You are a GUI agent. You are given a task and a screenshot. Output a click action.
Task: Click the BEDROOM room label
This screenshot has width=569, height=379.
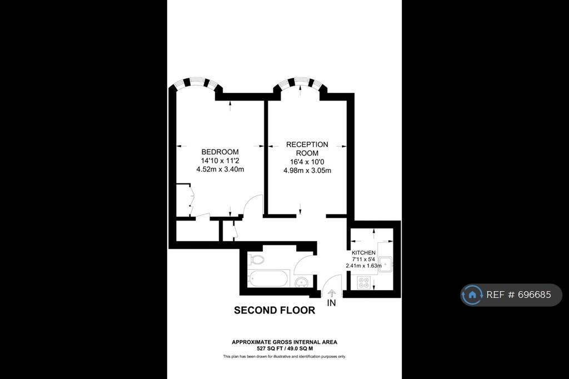[220, 152]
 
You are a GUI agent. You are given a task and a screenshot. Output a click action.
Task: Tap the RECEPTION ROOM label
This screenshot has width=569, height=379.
[307, 149]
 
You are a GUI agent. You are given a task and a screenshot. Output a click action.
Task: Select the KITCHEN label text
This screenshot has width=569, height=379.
[363, 253]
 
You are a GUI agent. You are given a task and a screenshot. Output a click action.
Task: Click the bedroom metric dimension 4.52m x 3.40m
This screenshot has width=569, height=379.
[220, 169]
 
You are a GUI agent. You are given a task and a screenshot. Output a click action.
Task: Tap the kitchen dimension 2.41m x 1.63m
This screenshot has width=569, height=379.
[363, 266]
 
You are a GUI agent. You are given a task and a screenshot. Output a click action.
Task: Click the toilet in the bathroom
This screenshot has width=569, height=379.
[256, 260]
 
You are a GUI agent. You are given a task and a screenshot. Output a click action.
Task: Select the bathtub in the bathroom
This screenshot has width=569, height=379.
[268, 279]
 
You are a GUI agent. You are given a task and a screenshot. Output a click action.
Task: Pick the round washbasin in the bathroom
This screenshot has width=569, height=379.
[301, 282]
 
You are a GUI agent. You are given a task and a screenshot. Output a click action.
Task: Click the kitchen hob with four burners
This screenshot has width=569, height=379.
[363, 282]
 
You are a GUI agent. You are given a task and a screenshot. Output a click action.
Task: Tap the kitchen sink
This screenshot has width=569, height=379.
[386, 264]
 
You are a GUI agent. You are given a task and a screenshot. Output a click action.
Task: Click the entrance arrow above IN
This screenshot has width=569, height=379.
[331, 293]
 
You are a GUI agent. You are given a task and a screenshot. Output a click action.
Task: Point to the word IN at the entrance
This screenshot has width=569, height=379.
[331, 302]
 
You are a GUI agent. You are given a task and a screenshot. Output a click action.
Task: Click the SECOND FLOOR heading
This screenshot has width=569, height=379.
[274, 310]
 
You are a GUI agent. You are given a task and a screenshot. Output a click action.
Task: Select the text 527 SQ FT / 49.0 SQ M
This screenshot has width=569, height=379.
[285, 348]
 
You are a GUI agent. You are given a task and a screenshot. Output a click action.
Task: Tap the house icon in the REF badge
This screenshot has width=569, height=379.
[472, 295]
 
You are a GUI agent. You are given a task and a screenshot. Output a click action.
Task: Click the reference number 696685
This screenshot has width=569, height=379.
[534, 295]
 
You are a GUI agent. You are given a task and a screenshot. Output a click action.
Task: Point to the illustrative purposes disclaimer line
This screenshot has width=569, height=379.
[284, 356]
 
